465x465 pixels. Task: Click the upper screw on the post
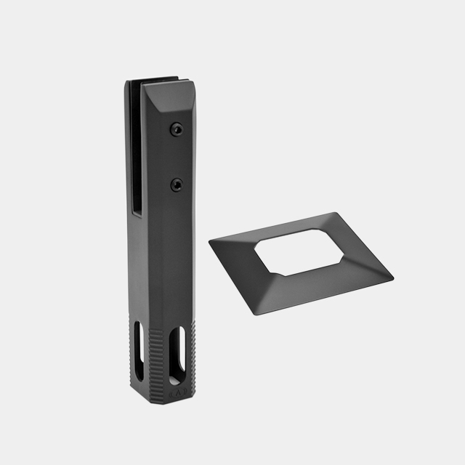click(x=175, y=129)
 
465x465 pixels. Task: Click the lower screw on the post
click(x=176, y=185)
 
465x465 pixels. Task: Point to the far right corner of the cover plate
click(x=392, y=277)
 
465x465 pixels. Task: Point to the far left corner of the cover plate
click(x=211, y=242)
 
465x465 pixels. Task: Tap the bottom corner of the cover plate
click(x=255, y=315)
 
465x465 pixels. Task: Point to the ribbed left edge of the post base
click(x=129, y=341)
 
